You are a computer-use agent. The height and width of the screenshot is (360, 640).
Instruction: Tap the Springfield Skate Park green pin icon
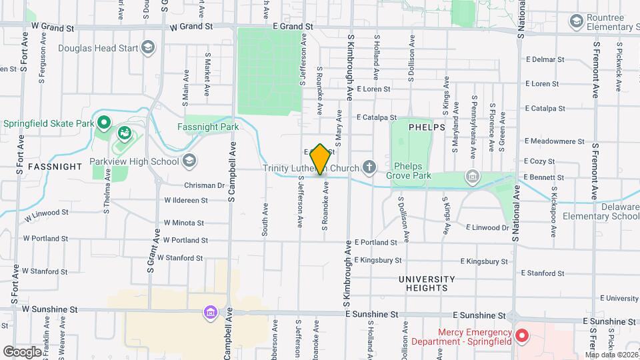point(103,123)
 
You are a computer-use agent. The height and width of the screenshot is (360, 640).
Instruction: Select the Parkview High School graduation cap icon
point(190,161)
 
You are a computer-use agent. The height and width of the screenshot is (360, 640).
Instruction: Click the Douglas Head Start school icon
point(148,47)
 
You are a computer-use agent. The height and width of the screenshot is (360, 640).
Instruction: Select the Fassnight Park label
point(207,126)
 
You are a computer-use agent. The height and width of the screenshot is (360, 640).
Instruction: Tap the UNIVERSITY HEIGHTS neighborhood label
point(427,283)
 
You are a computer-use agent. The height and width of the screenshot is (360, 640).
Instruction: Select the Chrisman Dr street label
point(204,185)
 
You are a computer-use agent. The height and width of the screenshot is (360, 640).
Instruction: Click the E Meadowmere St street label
point(554,141)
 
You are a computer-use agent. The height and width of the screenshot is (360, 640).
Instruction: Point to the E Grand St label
point(293,26)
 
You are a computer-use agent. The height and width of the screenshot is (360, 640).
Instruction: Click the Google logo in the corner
point(22,351)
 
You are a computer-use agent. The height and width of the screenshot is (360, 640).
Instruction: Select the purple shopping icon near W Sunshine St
point(210,312)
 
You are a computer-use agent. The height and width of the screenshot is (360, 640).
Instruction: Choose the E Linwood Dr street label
point(487,227)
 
